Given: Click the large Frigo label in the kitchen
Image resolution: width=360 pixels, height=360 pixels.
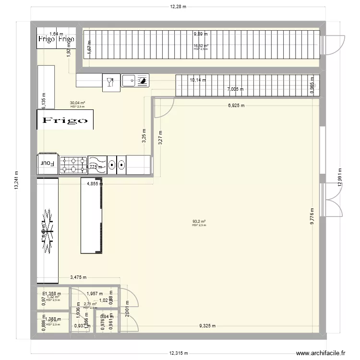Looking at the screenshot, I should point(65,120).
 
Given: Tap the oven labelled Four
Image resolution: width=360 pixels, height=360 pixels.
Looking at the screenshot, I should point(48,164).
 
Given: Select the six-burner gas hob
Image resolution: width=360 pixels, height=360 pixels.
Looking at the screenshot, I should point(73,164).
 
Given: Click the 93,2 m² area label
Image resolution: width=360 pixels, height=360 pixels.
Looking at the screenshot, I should point(199,221).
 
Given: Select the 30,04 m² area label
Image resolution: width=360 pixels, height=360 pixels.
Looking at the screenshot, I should point(77,103).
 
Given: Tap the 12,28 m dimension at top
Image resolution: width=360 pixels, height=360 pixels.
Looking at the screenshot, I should point(178,7).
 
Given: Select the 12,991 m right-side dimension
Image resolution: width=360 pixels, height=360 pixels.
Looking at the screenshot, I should point(340,180).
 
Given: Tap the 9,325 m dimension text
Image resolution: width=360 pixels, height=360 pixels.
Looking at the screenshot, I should point(207,326).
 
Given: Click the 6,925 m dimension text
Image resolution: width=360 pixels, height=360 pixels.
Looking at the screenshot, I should point(236,106).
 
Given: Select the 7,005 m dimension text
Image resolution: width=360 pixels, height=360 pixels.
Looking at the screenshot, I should point(235,89).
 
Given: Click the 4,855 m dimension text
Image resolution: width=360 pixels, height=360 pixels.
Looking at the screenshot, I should point(95,183).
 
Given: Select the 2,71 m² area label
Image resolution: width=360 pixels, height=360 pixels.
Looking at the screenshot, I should point(90,304).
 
